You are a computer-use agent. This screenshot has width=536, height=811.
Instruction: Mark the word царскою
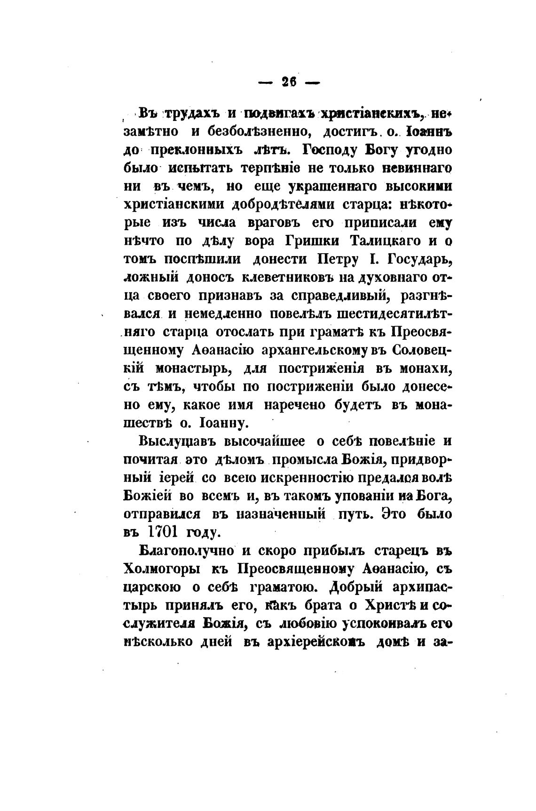152,587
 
